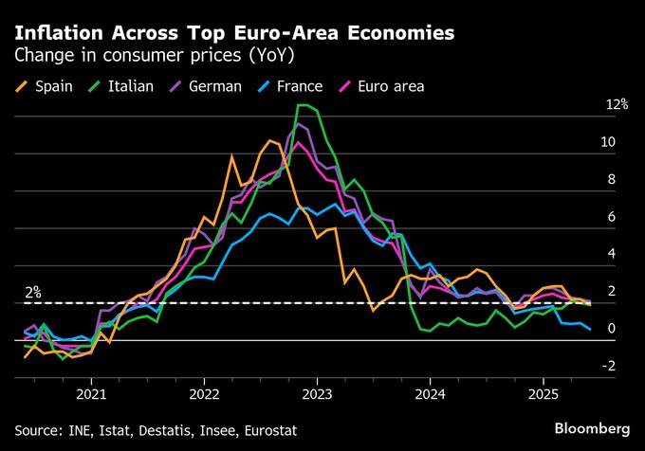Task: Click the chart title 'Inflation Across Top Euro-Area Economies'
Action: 233,32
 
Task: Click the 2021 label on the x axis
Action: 91,393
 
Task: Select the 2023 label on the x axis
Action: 317,393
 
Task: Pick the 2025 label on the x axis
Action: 543,393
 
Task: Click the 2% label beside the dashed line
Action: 32,293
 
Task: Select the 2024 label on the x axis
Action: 430,393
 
